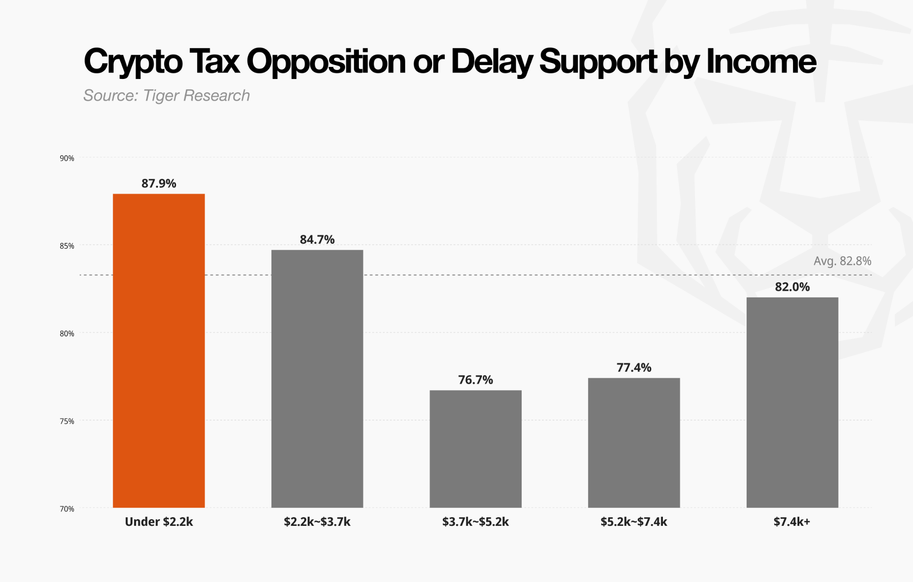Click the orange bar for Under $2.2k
click(x=159, y=351)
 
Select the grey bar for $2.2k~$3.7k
click(x=317, y=379)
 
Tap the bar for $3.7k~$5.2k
click(x=476, y=449)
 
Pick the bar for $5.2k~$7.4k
click(x=634, y=443)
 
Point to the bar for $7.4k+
click(x=792, y=402)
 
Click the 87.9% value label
click(x=159, y=184)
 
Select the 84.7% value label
click(x=317, y=240)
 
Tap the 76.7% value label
click(x=476, y=380)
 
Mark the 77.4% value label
click(x=634, y=367)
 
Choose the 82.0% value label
click(x=792, y=287)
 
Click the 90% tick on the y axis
click(x=67, y=158)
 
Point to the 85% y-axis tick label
click(x=67, y=246)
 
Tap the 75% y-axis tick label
click(x=67, y=421)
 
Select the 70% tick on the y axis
click(x=67, y=509)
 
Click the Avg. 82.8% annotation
click(x=842, y=261)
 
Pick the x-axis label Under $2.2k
click(x=159, y=522)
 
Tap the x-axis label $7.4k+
click(x=792, y=522)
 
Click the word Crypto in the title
click(x=133, y=62)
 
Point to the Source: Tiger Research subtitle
click(x=167, y=95)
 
